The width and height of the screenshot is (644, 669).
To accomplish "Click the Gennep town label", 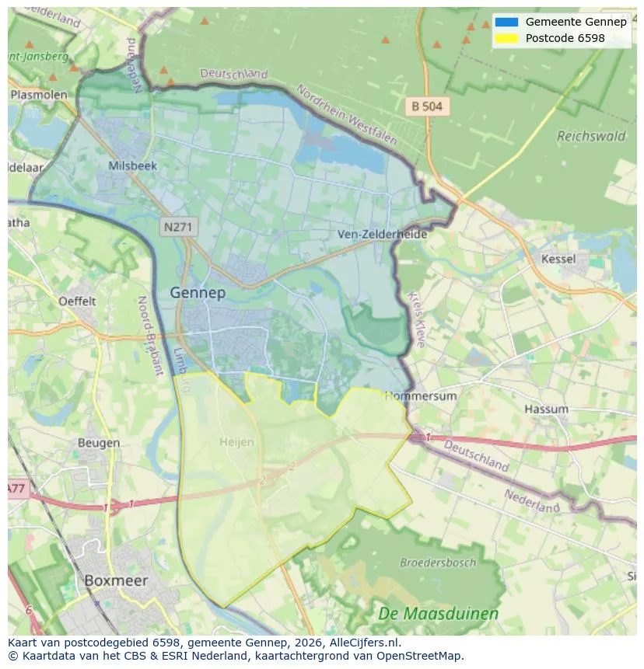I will [x=198, y=292].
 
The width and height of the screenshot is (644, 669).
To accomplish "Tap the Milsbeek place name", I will [x=133, y=166].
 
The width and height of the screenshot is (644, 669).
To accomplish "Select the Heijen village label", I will [x=236, y=441].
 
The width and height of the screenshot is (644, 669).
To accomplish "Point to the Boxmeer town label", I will [x=115, y=580].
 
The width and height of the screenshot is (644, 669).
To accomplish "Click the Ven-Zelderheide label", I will [x=382, y=234].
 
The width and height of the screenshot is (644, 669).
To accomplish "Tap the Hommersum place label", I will [x=421, y=395].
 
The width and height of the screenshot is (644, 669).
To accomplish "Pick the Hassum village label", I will [x=546, y=409].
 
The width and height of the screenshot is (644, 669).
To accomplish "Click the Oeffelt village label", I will [x=77, y=301].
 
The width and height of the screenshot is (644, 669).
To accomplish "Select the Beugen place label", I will [x=99, y=443].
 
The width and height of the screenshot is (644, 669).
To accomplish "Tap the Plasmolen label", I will [x=38, y=95].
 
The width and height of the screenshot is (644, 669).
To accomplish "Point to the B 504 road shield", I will [x=427, y=106].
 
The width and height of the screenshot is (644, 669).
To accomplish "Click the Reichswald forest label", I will [x=590, y=136].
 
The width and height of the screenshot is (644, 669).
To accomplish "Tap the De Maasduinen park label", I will [x=438, y=614].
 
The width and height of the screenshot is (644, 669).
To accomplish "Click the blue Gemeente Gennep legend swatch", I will [x=506, y=22].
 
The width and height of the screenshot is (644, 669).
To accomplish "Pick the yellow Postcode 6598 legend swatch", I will [x=506, y=38].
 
